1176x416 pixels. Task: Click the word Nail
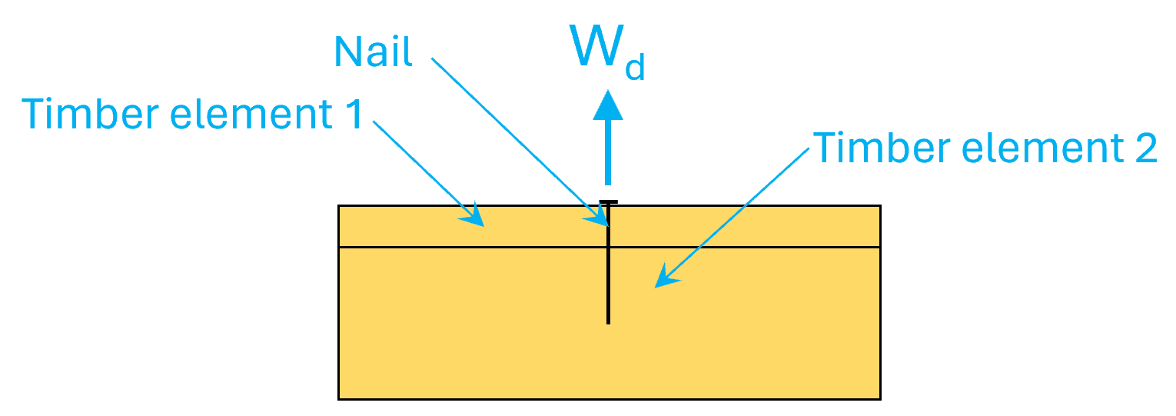click(373, 52)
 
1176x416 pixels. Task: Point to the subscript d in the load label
click(634, 68)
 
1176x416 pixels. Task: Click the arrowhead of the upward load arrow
click(608, 105)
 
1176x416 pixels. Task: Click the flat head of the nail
click(608, 203)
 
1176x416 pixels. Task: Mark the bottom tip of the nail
click(608, 322)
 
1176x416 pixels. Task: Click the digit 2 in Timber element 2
click(1144, 148)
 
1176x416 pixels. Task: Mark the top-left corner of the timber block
click(339, 206)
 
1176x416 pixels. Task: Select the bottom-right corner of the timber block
click(879, 398)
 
